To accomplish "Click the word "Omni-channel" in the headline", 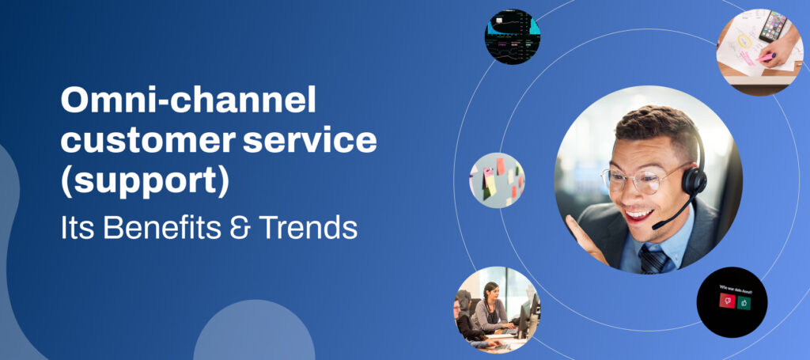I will [x=188, y=103].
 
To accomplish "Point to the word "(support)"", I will [x=145, y=181].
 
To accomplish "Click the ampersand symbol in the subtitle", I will [x=242, y=229].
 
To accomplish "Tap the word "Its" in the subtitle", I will [x=78, y=228].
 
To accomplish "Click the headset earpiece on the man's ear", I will [x=694, y=181].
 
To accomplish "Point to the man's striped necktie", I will [x=653, y=258].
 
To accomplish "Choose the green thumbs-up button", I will [x=744, y=301].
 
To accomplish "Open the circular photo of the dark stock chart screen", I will [x=513, y=36].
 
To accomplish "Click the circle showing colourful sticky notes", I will [x=497, y=180].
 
